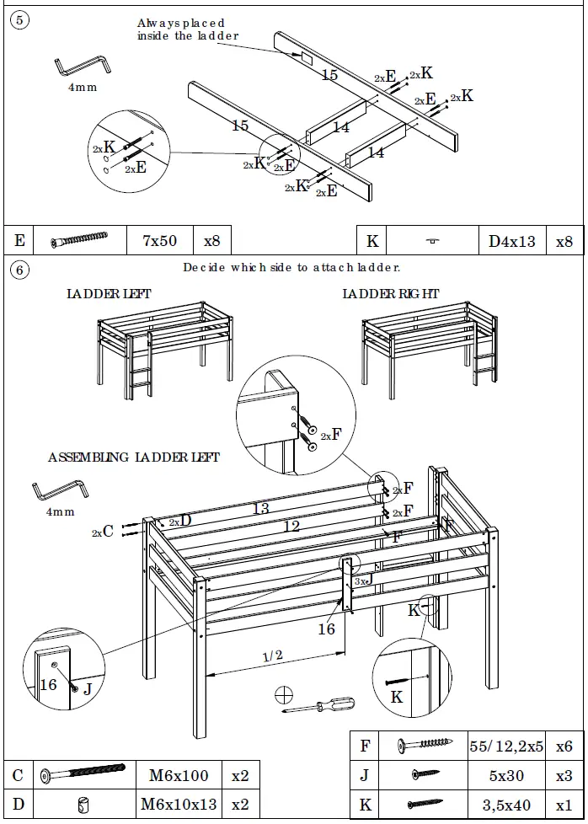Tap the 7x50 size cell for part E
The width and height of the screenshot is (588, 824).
click(159, 241)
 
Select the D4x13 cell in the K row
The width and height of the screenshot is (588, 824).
click(511, 242)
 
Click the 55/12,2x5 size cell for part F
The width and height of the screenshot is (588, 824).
click(505, 746)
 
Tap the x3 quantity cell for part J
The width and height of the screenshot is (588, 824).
click(563, 775)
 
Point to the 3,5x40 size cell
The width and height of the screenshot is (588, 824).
click(505, 805)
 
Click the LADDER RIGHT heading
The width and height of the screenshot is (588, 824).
click(390, 294)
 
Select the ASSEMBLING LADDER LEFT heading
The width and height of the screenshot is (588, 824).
click(133, 457)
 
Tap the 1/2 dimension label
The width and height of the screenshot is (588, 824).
click(272, 655)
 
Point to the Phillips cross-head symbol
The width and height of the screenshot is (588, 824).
click(284, 694)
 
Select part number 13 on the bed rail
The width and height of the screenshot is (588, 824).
click(261, 508)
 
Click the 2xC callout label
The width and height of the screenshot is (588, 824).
click(103, 532)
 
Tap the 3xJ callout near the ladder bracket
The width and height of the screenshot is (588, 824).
click(362, 581)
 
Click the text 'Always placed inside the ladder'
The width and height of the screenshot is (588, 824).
click(188, 29)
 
